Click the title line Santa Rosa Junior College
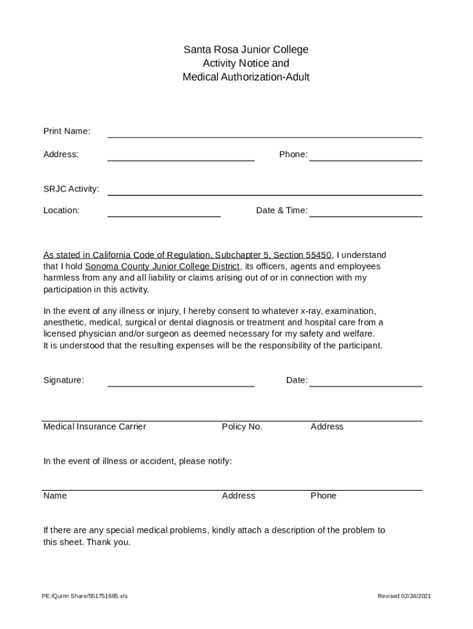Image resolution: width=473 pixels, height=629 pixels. coord(246,50)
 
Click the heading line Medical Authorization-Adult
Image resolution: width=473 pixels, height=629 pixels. coord(246,77)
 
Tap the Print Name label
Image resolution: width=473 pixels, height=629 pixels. coord(66,131)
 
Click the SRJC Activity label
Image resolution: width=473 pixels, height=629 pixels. coord(71,189)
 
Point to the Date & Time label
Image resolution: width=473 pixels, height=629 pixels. coord(281,211)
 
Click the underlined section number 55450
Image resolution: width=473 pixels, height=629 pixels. coord(319,255)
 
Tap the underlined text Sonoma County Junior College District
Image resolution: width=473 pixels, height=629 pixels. coord(162,267)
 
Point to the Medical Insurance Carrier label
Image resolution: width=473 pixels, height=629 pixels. coord(95,427)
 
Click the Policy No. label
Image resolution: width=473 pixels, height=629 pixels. coord(242,427)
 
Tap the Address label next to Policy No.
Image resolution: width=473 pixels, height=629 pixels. coord(327,427)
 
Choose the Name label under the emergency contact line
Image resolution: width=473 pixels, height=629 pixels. coord(55,496)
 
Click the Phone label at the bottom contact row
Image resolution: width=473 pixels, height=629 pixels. coord(323,496)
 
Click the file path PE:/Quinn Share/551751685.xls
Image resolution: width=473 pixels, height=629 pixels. coord(85,596)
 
